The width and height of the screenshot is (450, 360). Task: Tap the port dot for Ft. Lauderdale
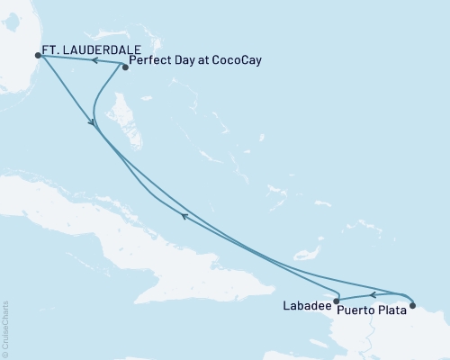point(37,55)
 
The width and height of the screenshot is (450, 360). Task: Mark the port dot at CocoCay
point(124,67)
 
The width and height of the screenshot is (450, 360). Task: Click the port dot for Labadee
point(336,301)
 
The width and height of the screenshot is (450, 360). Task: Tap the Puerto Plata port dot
point(412,305)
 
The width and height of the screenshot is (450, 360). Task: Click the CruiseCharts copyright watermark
point(5,329)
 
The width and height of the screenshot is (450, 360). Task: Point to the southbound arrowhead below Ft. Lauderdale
point(92,123)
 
